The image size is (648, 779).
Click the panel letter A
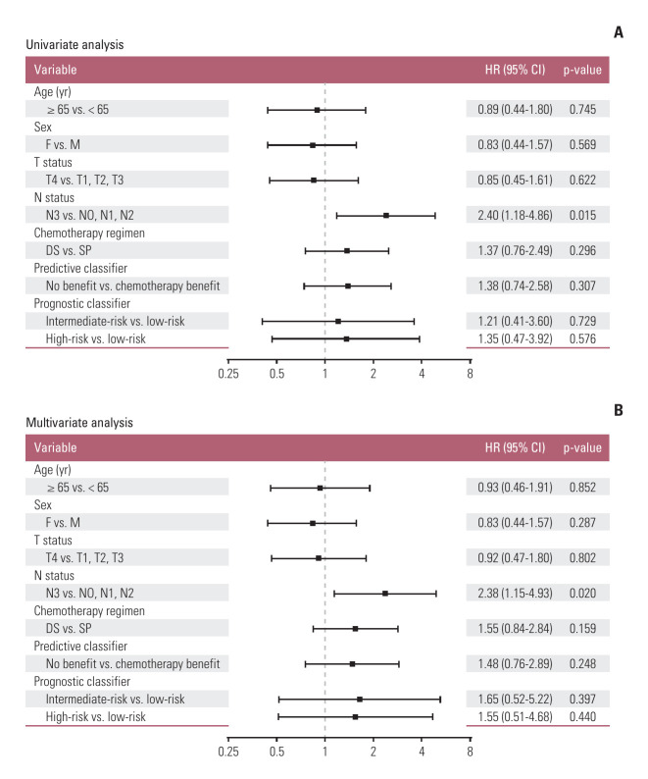coord(619,32)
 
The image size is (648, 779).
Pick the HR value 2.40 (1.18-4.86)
coord(508,215)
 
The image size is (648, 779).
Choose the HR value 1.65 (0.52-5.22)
coord(508,699)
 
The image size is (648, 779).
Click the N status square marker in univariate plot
coord(386,215)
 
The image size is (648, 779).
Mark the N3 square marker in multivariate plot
coord(385,593)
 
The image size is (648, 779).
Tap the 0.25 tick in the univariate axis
coord(227,374)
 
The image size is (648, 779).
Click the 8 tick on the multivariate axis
coord(471,752)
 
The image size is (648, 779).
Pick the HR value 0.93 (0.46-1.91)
coord(508,487)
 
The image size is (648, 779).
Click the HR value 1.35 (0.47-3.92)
coord(508,338)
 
